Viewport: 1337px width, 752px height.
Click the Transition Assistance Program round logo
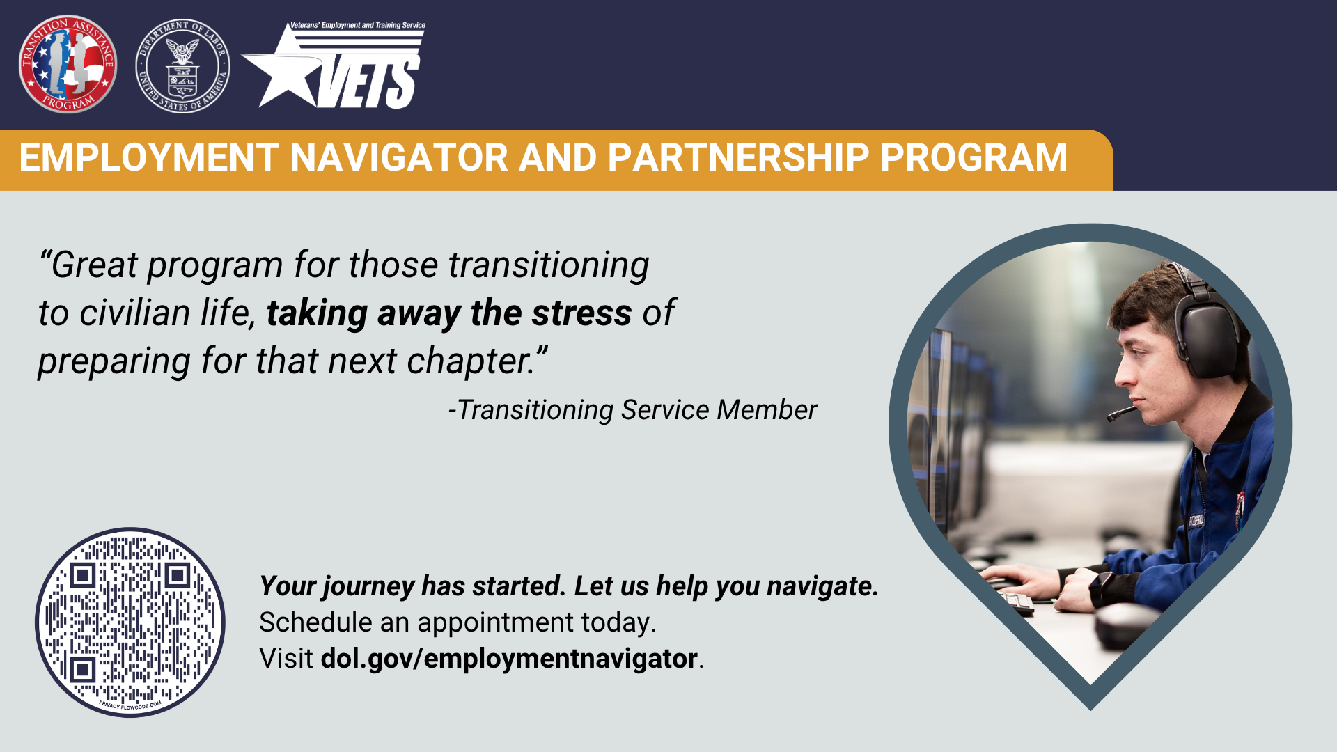[68, 64]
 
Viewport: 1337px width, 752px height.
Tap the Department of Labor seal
[182, 65]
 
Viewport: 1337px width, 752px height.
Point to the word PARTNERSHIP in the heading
[738, 157]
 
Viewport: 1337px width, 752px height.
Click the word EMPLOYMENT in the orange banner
[149, 157]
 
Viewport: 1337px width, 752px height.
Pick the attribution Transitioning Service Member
[633, 410]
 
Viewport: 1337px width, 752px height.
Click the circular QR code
[130, 622]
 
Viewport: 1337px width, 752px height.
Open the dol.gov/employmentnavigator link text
[509, 659]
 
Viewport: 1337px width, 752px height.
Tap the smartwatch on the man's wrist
[1102, 588]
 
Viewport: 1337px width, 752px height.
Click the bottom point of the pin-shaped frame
[1090, 710]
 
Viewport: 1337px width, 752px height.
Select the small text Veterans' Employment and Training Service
[357, 25]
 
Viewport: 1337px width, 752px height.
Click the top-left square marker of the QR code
[83, 575]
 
